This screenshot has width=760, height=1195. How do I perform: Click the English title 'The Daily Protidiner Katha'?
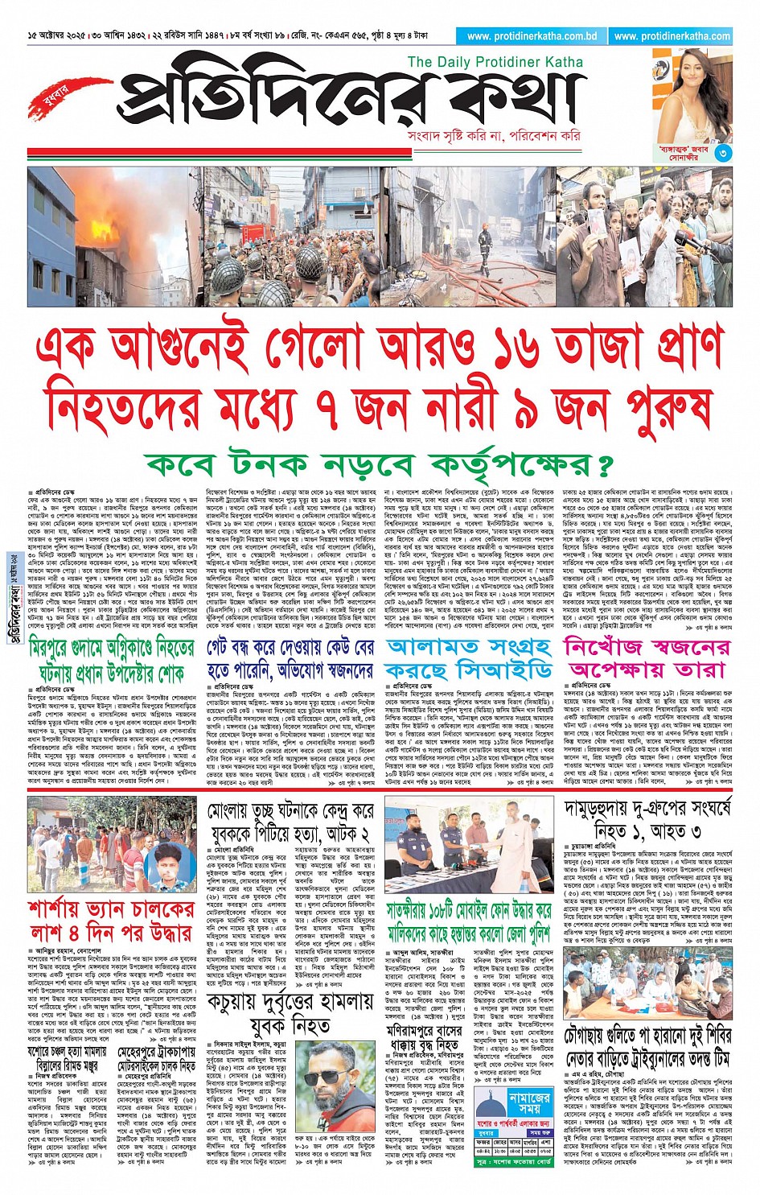495,62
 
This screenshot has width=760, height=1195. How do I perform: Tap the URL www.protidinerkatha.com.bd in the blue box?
532,36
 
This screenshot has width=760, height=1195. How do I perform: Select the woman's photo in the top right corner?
693,93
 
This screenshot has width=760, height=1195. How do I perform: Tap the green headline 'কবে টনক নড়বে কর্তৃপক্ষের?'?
380,464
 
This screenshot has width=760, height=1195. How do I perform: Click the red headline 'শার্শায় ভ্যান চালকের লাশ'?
112,921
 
